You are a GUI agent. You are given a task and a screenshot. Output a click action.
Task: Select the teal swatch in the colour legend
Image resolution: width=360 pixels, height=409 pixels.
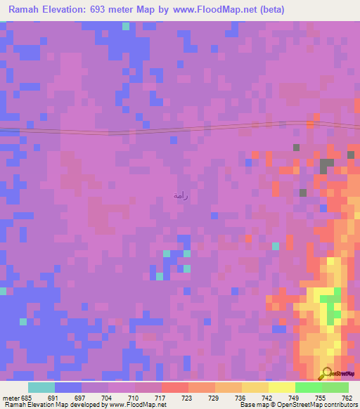(x=41, y=387)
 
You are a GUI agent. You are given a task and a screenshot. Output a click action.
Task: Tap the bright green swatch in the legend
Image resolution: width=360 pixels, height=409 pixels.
(x=308, y=387)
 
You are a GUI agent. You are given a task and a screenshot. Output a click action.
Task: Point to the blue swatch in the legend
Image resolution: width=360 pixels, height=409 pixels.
(x=68, y=387)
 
